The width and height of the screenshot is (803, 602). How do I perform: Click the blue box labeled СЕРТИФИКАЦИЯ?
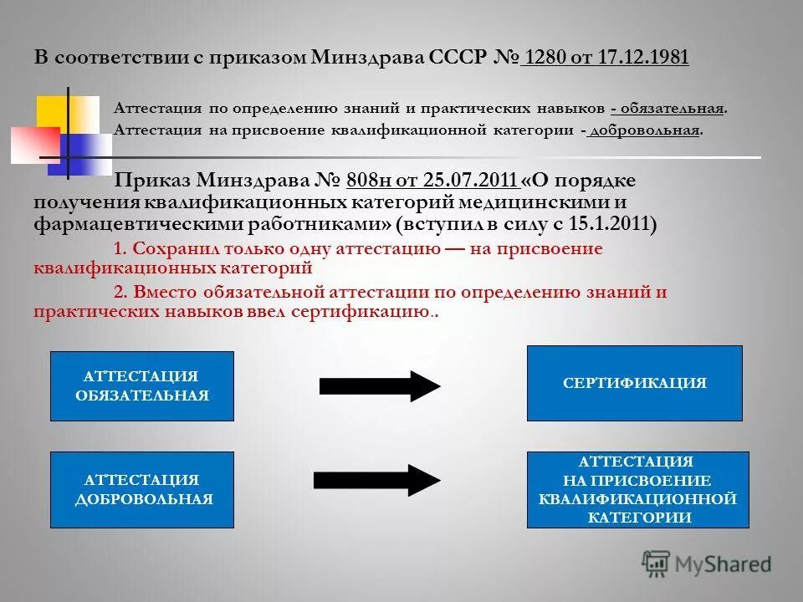point(634,383)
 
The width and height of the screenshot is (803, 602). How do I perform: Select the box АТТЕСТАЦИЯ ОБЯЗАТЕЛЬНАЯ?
point(141,385)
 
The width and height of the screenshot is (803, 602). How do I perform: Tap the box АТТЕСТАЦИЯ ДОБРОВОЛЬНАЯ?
point(143,489)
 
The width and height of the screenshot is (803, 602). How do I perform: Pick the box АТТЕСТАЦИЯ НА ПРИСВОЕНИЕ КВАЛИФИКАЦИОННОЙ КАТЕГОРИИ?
point(637,489)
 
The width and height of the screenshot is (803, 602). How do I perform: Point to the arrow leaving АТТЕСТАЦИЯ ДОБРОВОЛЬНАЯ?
point(376,479)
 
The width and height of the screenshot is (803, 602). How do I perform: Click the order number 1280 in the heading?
point(545,57)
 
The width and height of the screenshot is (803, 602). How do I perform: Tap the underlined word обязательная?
point(672,109)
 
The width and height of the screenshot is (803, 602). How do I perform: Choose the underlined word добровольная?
point(644,130)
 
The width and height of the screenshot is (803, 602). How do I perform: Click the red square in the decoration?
point(33,144)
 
